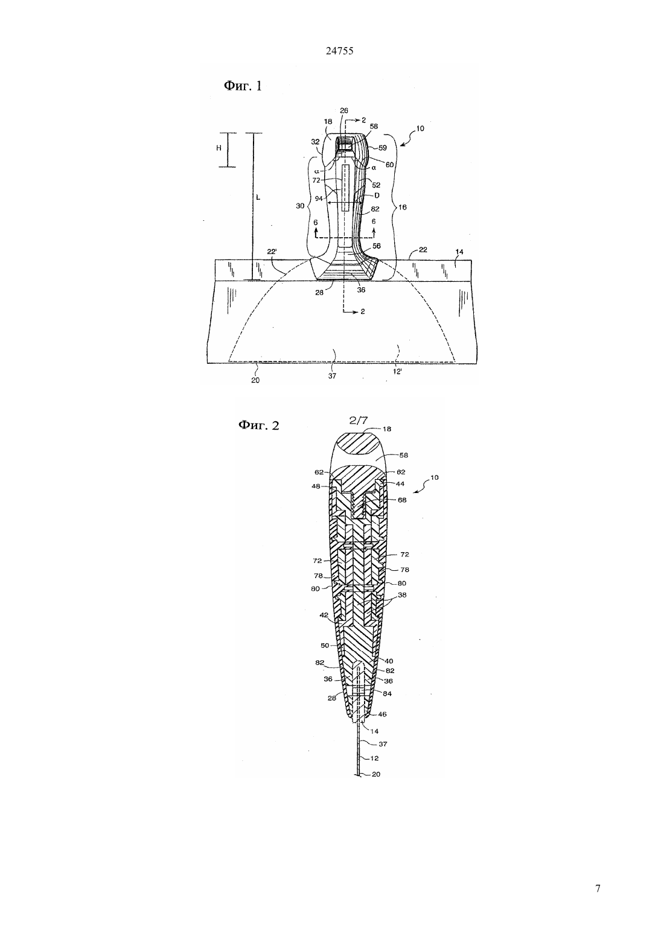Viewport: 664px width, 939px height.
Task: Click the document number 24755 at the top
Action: pyautogui.click(x=339, y=51)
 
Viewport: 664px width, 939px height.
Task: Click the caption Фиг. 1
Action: pyautogui.click(x=243, y=86)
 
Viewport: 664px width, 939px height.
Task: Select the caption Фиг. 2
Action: pyautogui.click(x=258, y=425)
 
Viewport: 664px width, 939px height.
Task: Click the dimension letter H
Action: pyautogui.click(x=219, y=148)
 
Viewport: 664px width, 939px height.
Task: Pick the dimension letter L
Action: pyautogui.click(x=258, y=197)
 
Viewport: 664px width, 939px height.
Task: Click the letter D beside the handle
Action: pyautogui.click(x=377, y=196)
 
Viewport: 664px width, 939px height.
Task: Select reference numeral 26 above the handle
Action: pyautogui.click(x=344, y=110)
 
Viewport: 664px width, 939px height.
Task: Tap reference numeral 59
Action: pyautogui.click(x=382, y=148)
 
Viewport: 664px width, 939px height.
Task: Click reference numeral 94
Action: pyautogui.click(x=319, y=199)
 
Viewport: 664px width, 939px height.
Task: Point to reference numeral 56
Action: pyautogui.click(x=377, y=246)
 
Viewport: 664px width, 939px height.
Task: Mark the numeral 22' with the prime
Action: pyautogui.click(x=272, y=252)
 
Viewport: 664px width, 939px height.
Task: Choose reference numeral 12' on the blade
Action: pyautogui.click(x=397, y=371)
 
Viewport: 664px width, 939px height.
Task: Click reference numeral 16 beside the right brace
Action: pyautogui.click(x=403, y=207)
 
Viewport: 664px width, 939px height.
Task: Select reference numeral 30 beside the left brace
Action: pyautogui.click(x=300, y=206)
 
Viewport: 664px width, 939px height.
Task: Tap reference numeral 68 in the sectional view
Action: pyautogui.click(x=402, y=500)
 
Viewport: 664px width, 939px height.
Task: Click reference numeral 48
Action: pyautogui.click(x=316, y=486)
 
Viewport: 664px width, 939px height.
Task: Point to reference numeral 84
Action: pyautogui.click(x=388, y=694)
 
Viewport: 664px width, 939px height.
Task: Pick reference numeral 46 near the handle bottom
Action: pyautogui.click(x=382, y=715)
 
